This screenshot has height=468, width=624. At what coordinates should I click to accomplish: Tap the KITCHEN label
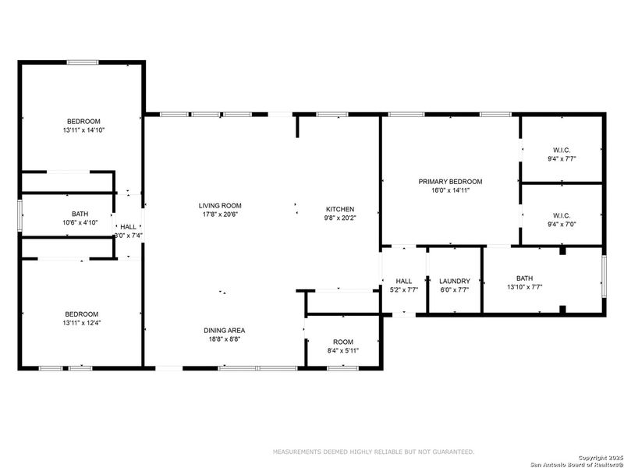[340, 209]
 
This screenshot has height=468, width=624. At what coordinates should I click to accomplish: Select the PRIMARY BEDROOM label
[450, 182]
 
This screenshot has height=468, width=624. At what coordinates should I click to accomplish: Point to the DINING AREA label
[225, 331]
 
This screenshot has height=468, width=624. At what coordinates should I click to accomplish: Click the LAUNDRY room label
[454, 281]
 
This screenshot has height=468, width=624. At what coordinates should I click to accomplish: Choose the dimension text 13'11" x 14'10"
[83, 130]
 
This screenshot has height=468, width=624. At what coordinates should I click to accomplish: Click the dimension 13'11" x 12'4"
[82, 323]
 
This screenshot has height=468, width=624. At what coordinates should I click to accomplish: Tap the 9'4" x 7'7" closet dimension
[562, 158]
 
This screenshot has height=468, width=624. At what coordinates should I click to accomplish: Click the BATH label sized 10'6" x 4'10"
[80, 214]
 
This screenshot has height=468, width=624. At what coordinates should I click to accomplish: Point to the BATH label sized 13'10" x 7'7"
[524, 278]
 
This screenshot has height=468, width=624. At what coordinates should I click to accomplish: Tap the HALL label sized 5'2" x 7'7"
[404, 281]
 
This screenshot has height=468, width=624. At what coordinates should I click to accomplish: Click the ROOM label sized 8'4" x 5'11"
[343, 342]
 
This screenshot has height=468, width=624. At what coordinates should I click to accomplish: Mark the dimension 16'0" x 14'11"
[450, 190]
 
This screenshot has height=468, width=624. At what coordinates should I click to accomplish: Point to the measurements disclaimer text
[373, 452]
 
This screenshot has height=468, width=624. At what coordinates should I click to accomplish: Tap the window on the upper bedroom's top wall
[82, 62]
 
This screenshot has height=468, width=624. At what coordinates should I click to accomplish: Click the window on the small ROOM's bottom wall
[337, 367]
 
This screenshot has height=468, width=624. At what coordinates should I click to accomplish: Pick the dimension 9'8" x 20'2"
[340, 218]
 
